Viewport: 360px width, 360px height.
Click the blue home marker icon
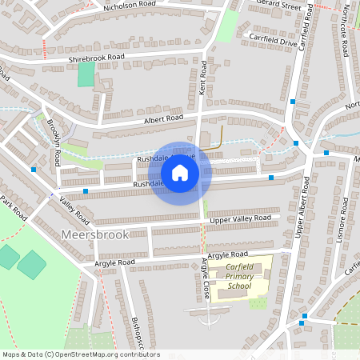pyautogui.click(x=180, y=172)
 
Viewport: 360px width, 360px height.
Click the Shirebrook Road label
pyautogui.click(x=98, y=58)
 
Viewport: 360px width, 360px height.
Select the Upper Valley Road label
pyautogui.click(x=240, y=218)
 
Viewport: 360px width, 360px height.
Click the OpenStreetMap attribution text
pyautogui.click(x=80, y=354)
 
